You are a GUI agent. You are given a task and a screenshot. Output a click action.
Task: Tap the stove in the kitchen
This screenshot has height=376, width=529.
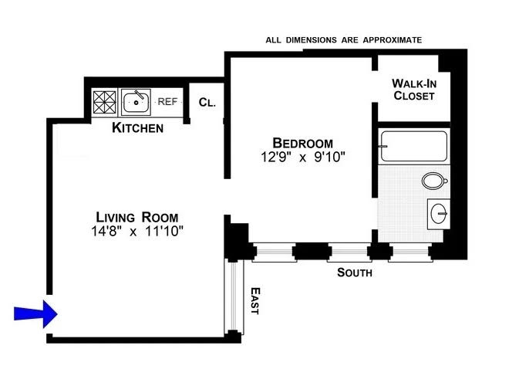point(103,102)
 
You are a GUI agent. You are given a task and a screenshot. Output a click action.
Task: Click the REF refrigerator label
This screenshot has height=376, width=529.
point(167,101)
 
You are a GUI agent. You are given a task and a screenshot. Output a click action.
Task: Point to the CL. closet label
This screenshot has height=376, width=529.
point(206,102)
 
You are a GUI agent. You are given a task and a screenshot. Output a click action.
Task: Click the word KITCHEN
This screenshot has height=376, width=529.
point(138,127)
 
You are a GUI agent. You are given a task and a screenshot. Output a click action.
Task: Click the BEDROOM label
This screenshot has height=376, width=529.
point(303,143)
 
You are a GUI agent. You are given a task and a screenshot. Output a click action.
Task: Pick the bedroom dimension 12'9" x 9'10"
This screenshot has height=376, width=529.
point(303,158)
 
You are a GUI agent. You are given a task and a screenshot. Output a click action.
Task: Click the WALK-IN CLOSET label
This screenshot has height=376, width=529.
point(413,90)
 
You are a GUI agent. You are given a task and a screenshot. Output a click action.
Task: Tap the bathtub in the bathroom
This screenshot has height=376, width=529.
point(413,146)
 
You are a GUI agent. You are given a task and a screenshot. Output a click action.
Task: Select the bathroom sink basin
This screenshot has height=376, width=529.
point(439,212)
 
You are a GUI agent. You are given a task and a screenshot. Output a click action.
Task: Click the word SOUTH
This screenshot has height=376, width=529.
point(355,273)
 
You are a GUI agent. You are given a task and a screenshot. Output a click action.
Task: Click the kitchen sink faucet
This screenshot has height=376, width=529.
point(138,97)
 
